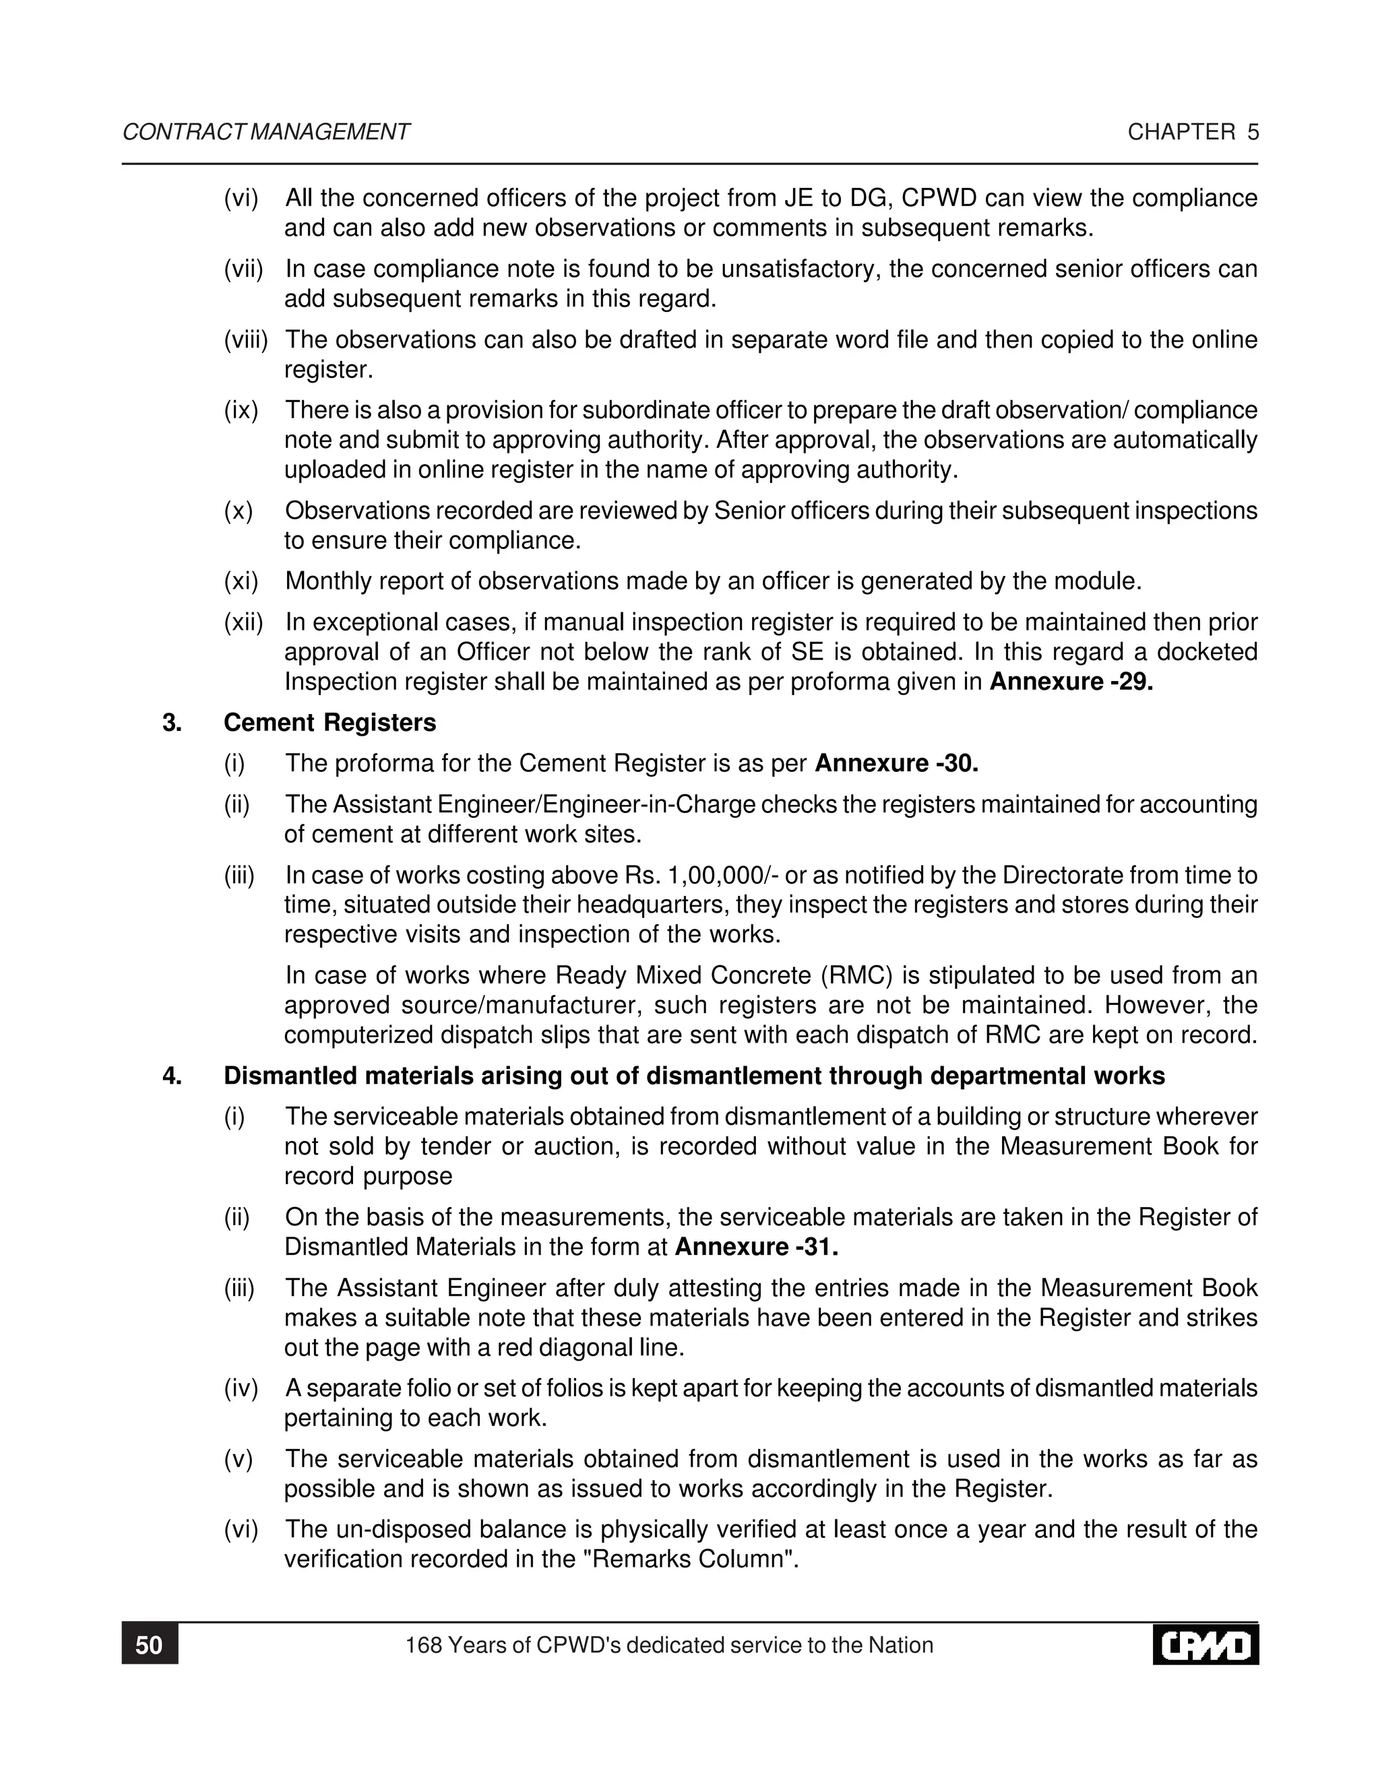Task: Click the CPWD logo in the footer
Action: [x=1205, y=1646]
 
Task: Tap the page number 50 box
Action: [x=150, y=1646]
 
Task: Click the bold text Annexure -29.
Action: [x=1071, y=682]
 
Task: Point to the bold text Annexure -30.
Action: [x=896, y=763]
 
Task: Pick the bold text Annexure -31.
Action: [x=757, y=1247]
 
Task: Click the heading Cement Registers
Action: [x=330, y=723]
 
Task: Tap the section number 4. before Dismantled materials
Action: [x=172, y=1076]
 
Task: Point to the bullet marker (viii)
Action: [x=246, y=340]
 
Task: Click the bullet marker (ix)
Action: [x=241, y=410]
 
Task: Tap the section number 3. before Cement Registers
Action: [x=172, y=723]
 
